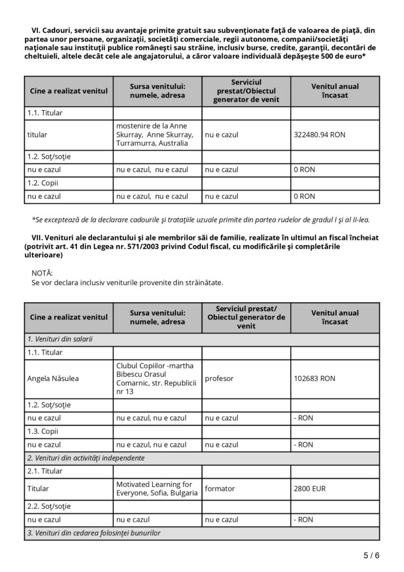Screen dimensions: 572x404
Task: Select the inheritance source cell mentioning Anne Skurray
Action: (x=155, y=135)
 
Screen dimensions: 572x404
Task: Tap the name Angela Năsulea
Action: (x=53, y=378)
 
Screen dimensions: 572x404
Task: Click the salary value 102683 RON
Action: (x=314, y=378)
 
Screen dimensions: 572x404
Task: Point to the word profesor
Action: (x=219, y=378)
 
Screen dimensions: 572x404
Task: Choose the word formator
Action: (x=220, y=489)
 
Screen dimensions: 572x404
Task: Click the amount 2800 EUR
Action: (x=310, y=489)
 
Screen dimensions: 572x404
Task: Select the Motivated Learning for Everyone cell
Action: (x=157, y=489)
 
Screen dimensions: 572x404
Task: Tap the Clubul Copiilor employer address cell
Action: (x=156, y=378)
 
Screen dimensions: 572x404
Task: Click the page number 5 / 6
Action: (x=371, y=555)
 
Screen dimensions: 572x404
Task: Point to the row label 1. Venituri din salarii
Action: (x=60, y=339)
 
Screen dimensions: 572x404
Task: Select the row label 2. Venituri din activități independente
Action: (x=86, y=458)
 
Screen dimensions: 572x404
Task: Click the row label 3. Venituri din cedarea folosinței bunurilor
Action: (x=94, y=533)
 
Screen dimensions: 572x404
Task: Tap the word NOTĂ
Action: (x=42, y=273)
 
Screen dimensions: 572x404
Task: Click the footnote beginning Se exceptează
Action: (x=201, y=220)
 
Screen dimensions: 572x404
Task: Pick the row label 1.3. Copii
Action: (x=43, y=431)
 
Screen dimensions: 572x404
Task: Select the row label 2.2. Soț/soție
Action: (x=49, y=506)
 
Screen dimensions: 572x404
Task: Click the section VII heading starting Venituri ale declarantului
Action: (x=201, y=246)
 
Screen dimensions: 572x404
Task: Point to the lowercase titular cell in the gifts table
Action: (x=37, y=135)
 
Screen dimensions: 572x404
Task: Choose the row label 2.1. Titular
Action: (x=45, y=471)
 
